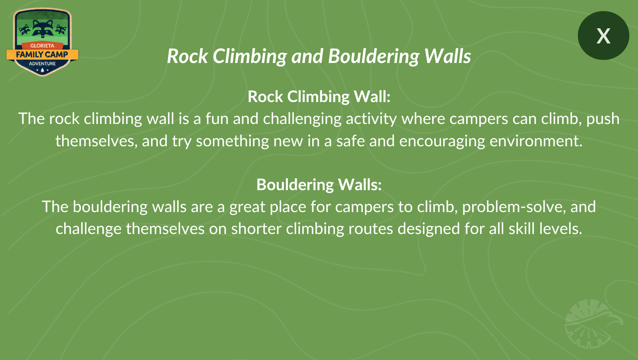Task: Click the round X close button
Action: click(x=603, y=35)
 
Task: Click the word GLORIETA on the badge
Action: click(x=42, y=45)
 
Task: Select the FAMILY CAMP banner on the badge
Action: click(x=42, y=55)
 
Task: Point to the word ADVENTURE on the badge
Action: click(x=42, y=63)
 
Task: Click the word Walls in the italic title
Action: click(x=447, y=56)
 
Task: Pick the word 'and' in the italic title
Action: click(x=307, y=56)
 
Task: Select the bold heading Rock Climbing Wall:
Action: click(x=319, y=96)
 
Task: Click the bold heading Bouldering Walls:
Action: click(x=319, y=185)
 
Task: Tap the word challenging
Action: click(x=302, y=119)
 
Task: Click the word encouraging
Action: click(x=442, y=141)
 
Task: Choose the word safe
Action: click(x=351, y=141)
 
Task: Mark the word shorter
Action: click(x=256, y=229)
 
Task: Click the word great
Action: click(x=247, y=207)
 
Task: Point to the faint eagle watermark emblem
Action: click(x=593, y=324)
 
